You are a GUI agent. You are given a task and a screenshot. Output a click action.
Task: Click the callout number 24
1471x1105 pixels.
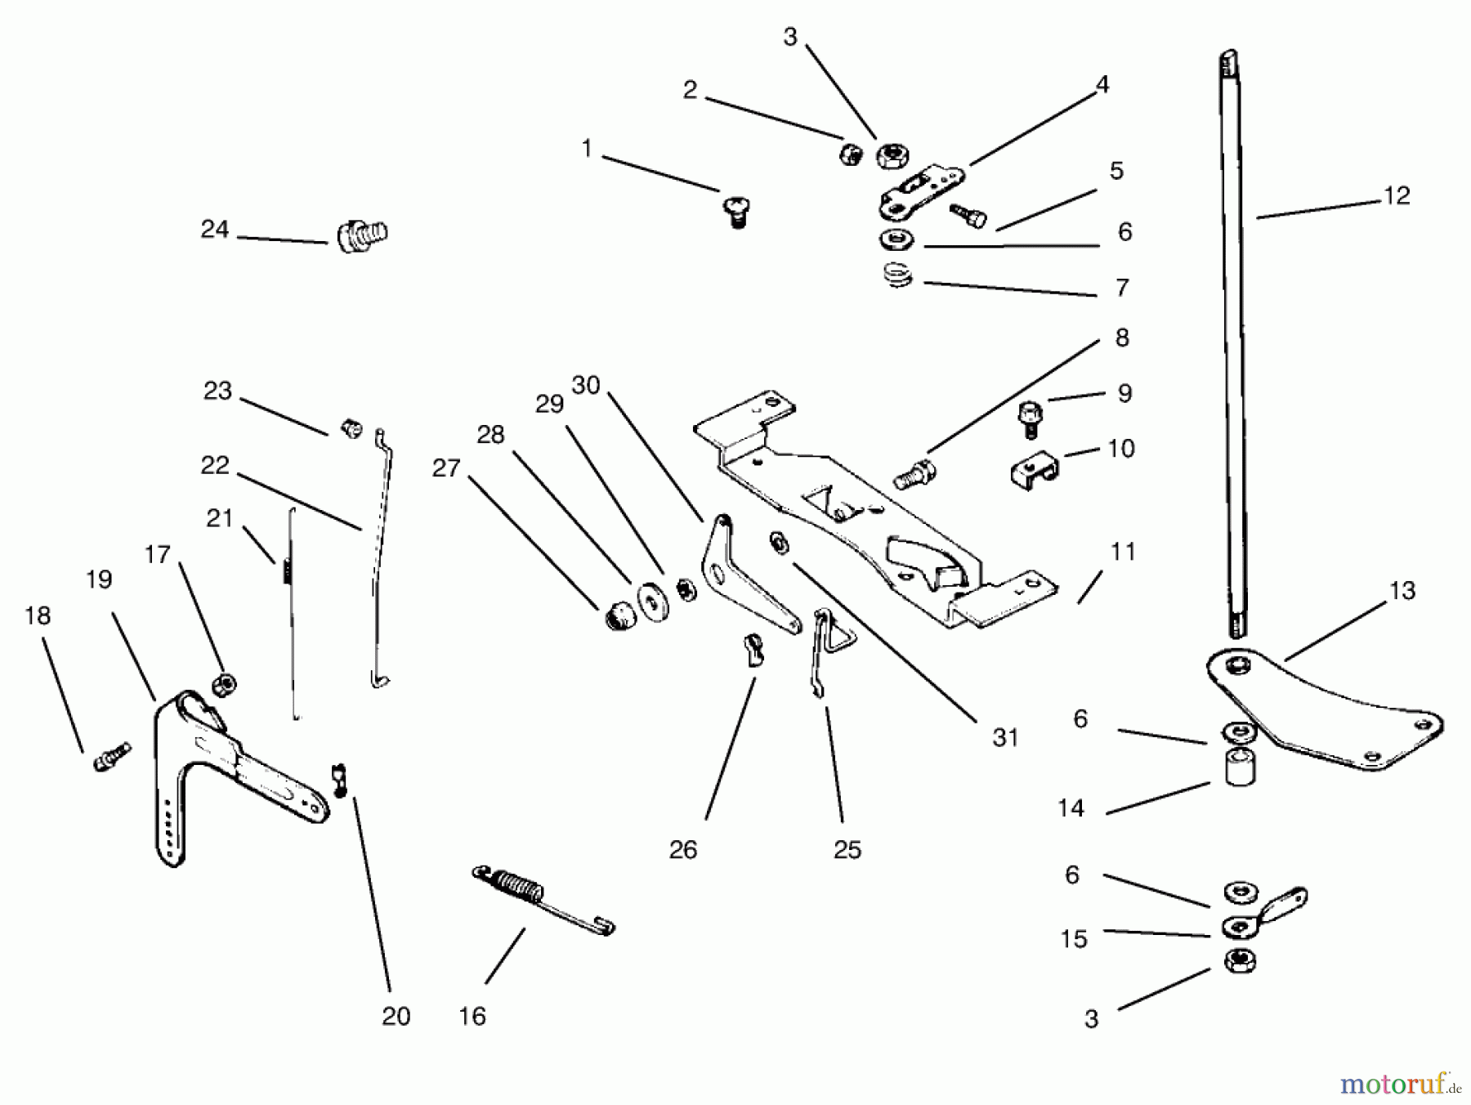[x=215, y=230]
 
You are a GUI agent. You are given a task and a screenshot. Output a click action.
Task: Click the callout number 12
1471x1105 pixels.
[x=1397, y=196]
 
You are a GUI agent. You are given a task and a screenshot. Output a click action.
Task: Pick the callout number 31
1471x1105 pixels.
[x=1005, y=738]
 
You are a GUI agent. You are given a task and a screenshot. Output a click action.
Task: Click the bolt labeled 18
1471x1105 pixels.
[x=111, y=756]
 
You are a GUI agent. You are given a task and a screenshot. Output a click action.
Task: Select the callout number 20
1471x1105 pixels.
[x=396, y=1016]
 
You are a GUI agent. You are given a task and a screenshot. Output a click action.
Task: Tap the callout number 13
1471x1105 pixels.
[x=1402, y=591]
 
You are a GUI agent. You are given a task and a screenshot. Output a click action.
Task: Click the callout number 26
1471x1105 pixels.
[x=683, y=850]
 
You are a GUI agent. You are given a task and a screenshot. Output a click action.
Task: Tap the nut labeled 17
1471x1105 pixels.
[x=223, y=684]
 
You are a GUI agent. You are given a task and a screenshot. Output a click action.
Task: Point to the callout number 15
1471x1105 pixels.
[x=1074, y=939]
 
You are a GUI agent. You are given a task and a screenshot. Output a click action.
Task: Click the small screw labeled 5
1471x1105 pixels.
[x=968, y=215]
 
